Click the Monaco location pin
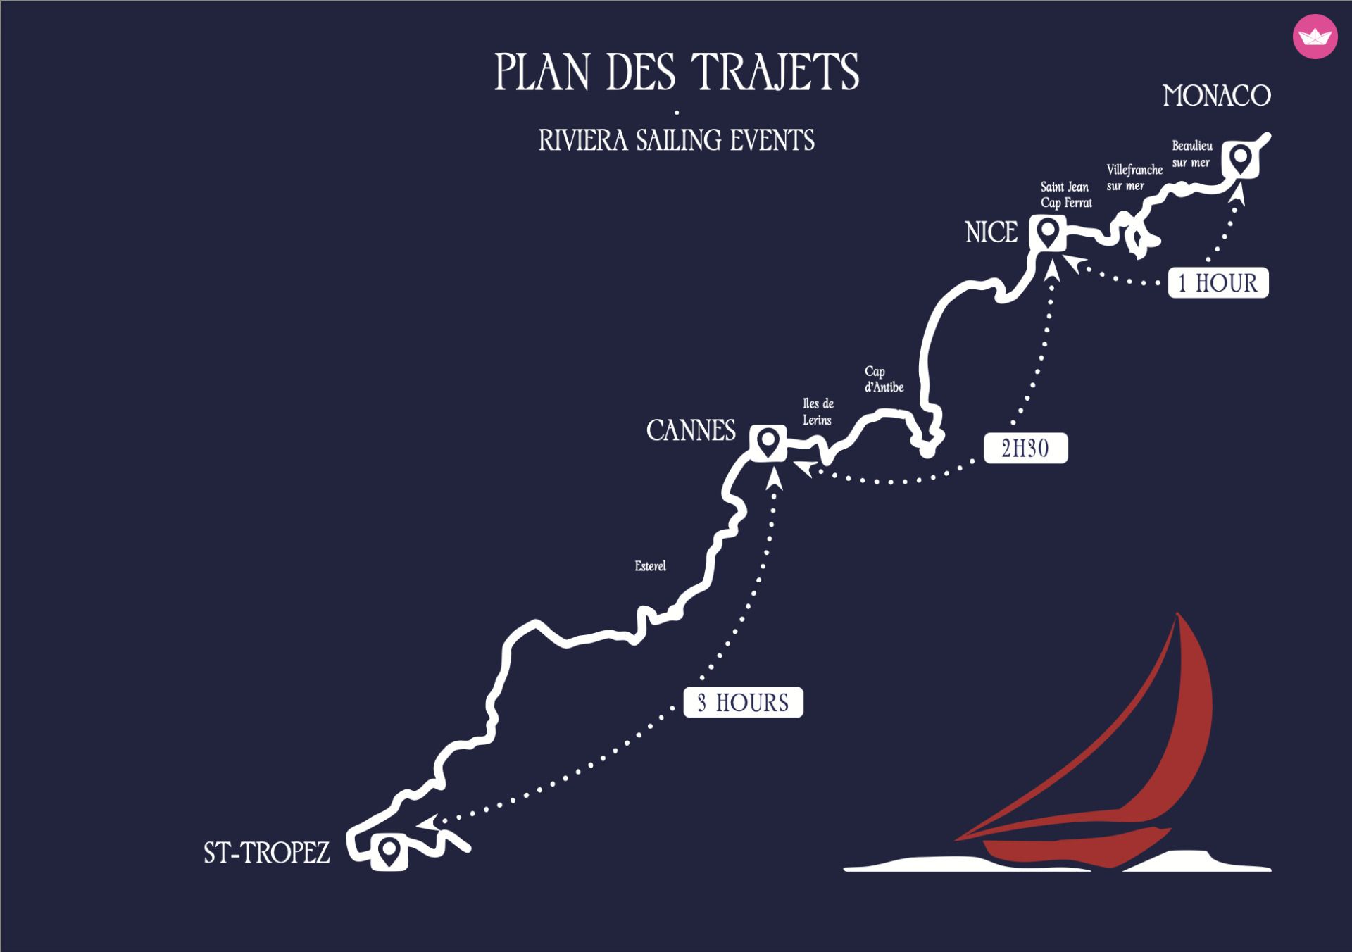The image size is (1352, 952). (1240, 159)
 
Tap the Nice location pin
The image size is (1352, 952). (1048, 233)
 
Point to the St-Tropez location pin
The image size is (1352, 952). (389, 852)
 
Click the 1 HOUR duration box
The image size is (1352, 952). (1218, 282)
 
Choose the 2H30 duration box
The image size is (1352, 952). (1025, 448)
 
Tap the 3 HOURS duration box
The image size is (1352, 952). (743, 702)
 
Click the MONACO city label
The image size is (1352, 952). (1217, 96)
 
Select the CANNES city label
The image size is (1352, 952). (691, 430)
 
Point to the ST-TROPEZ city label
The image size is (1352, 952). (267, 853)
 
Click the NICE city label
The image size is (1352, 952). (991, 232)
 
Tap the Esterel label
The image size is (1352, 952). (650, 566)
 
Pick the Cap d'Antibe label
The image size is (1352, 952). (884, 379)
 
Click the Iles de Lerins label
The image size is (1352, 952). (818, 411)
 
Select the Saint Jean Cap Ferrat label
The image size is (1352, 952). (1066, 195)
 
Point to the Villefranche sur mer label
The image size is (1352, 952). (1134, 177)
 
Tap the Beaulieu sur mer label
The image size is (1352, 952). (1192, 154)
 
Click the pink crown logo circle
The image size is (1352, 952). (1315, 37)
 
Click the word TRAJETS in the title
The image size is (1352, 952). (775, 72)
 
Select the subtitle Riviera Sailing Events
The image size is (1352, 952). (676, 140)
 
